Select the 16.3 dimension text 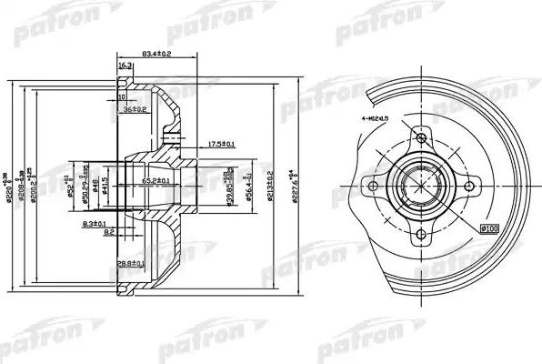tap(125, 66)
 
